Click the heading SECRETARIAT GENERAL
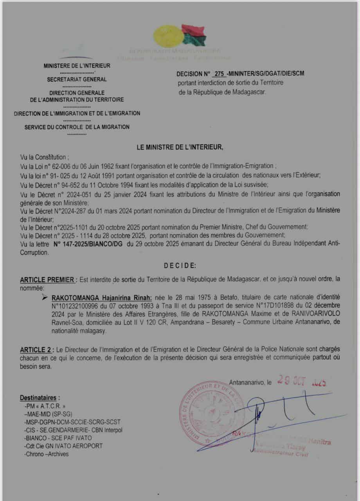pos(77,79)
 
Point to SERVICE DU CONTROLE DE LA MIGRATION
pos(77,127)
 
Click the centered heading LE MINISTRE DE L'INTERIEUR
pos(180,148)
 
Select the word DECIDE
pos(180,265)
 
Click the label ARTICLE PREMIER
pos(47,280)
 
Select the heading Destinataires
pos(40,398)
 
